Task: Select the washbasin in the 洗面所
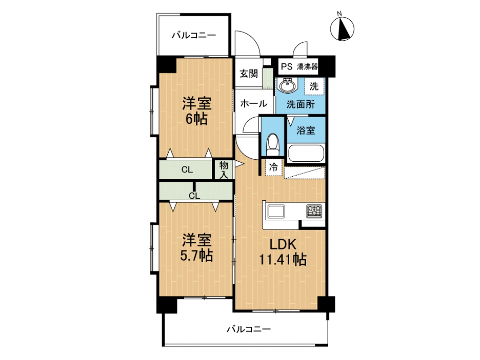(x=287, y=85)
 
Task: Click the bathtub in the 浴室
(x=306, y=153)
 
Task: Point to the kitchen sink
(x=276, y=211)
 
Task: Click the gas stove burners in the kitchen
(x=314, y=211)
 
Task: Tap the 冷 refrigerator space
(x=273, y=167)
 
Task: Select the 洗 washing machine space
(x=314, y=86)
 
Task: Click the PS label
(x=286, y=67)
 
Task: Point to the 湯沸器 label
(x=307, y=67)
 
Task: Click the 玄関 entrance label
(x=248, y=74)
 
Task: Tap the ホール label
(x=254, y=104)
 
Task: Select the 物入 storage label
(x=224, y=170)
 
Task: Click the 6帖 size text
(x=196, y=119)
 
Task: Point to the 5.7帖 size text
(x=196, y=255)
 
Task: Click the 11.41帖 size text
(x=283, y=259)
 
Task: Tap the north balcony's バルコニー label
(x=194, y=35)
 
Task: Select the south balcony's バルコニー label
(x=248, y=330)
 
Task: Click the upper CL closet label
(x=187, y=170)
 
